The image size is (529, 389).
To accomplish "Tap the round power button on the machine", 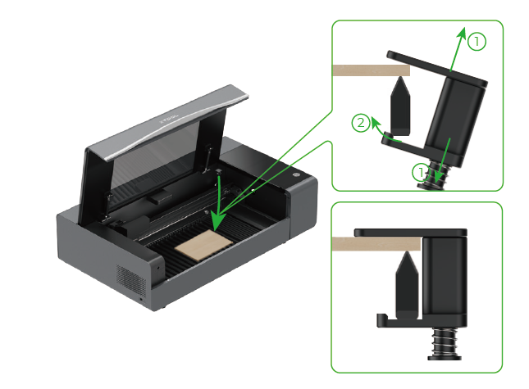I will pos(296,174).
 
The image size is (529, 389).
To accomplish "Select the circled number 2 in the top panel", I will pos(359,124).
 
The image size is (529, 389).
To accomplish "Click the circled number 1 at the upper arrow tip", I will pos(477,40).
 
